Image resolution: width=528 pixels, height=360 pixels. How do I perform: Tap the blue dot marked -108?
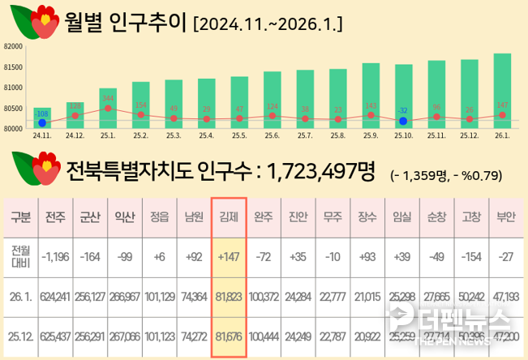42,123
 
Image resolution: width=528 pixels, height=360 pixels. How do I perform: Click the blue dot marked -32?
403,121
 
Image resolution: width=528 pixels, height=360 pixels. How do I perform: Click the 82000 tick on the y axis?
12,47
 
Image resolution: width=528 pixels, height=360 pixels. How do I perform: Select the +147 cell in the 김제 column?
228,257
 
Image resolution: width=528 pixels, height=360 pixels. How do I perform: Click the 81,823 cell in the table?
228,296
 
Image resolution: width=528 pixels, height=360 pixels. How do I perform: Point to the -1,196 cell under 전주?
56,257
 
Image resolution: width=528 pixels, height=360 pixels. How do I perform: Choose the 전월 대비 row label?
19,257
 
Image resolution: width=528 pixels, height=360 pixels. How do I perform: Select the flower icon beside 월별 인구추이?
33,22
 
